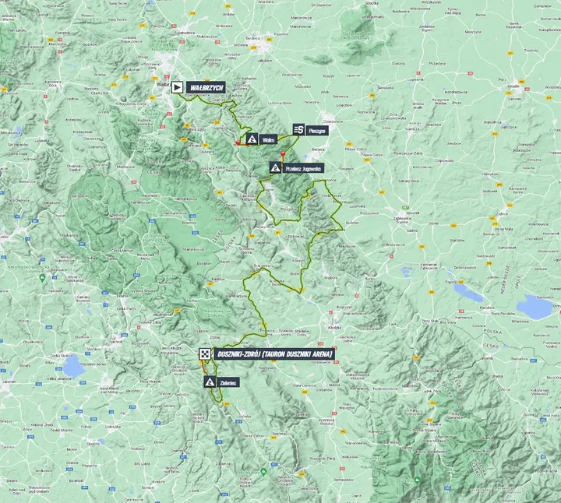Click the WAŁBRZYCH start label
(206, 88)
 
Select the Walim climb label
(269, 139)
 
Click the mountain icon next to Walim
(252, 139)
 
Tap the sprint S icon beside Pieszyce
(298, 130)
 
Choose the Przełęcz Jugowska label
(302, 167)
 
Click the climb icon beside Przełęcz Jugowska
(275, 167)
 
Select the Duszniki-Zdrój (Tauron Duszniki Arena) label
(274, 354)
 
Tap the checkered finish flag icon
(204, 354)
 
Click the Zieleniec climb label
(228, 382)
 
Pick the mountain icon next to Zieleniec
(210, 382)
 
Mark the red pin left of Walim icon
(238, 142)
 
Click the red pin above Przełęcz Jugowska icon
(282, 154)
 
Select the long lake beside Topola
(468, 293)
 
